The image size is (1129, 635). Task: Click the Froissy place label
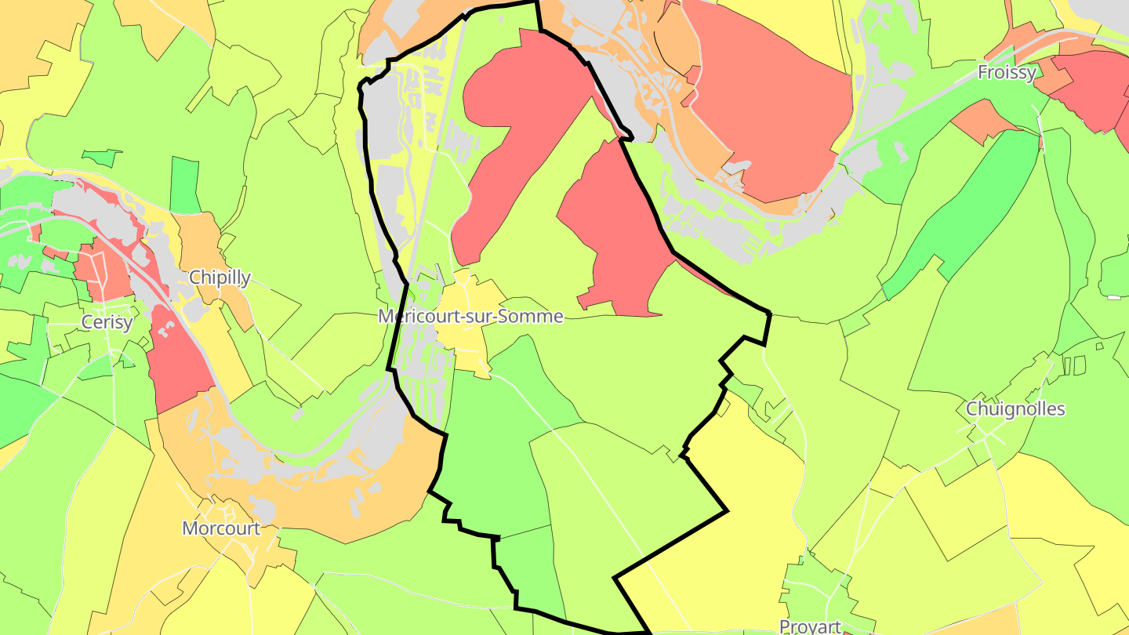click(x=1007, y=72)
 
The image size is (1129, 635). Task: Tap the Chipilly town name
click(x=220, y=277)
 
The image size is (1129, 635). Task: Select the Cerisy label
click(x=107, y=322)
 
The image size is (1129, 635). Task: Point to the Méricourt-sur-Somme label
click(x=470, y=316)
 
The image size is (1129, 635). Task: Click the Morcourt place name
click(x=221, y=528)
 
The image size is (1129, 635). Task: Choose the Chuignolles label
click(x=1015, y=408)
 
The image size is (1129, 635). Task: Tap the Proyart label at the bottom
click(x=810, y=626)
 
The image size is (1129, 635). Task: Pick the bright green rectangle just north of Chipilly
click(x=185, y=185)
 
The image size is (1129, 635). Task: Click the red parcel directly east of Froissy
click(x=1090, y=86)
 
